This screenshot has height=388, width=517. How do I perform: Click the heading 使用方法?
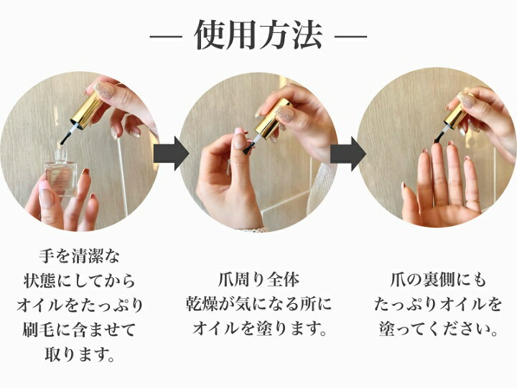click(258, 35)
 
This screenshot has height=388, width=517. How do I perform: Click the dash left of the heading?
click(166, 36)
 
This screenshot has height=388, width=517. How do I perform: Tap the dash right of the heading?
click(351, 36)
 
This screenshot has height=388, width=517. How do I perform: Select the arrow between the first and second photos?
click(171, 154)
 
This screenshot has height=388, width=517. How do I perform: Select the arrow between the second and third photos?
click(348, 154)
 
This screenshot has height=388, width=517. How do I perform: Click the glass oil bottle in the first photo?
click(61, 172)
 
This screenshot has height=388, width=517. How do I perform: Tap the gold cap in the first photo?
click(87, 110)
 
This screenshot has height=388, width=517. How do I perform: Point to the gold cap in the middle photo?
click(272, 121)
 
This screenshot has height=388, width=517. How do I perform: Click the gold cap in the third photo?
click(457, 112)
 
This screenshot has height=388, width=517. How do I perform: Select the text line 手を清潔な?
click(79, 256)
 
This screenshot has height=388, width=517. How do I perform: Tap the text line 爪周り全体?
click(258, 280)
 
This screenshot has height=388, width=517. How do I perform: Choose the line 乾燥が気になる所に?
click(258, 305)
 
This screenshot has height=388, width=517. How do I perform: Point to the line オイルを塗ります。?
click(258, 329)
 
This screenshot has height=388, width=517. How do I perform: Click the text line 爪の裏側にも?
click(438, 280)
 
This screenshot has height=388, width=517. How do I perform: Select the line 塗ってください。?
click(438, 329)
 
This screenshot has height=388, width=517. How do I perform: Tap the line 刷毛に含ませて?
click(79, 329)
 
